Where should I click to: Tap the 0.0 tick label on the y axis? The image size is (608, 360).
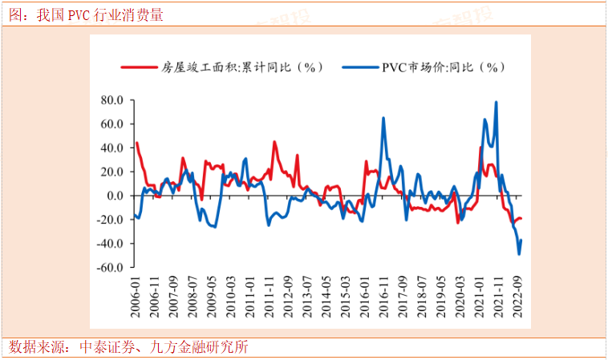[x=114, y=196]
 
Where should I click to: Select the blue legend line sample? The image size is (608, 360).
[x=359, y=67]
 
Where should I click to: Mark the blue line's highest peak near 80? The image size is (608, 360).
[x=496, y=103]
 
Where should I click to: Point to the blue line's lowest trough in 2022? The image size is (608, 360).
[x=519, y=253]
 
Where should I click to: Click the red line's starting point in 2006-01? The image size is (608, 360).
[x=136, y=144]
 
